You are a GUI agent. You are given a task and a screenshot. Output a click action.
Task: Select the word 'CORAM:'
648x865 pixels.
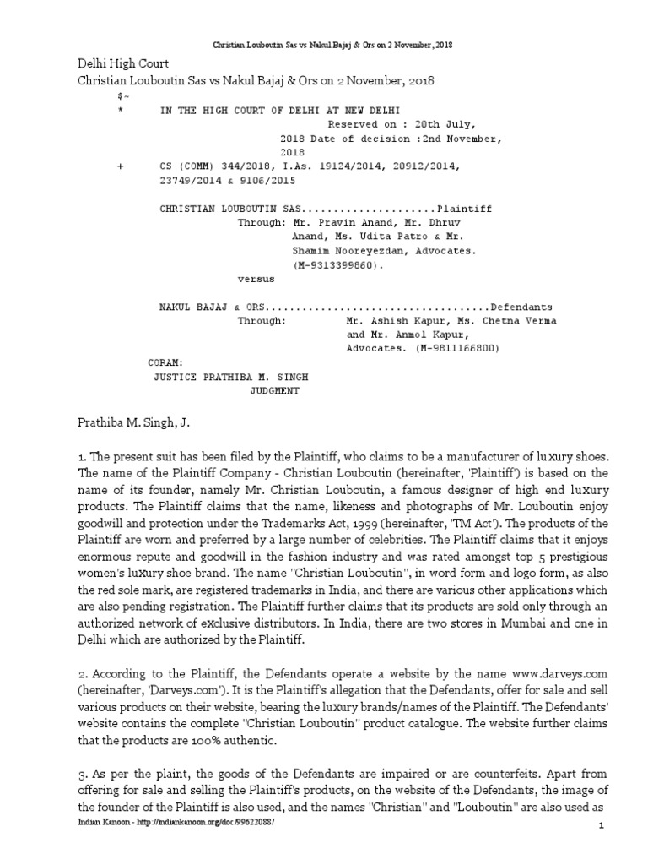coord(165,362)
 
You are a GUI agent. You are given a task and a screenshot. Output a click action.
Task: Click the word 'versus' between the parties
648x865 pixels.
coord(256,279)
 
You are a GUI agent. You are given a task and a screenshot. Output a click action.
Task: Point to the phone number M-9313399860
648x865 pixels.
coord(336,265)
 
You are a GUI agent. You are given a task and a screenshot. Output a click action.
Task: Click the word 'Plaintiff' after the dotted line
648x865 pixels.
coord(465,209)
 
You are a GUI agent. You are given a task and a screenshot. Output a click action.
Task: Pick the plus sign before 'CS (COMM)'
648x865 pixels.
coord(121,166)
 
